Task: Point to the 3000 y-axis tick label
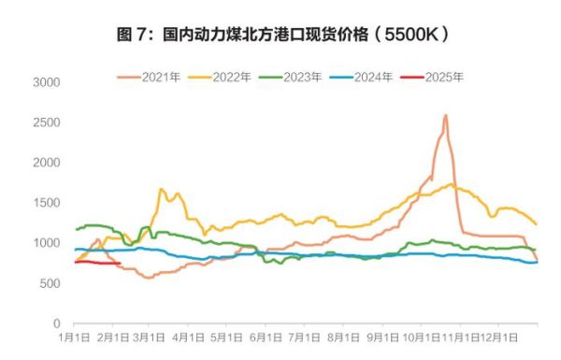click(x=46, y=82)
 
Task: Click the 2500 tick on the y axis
click(x=46, y=122)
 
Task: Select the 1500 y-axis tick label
click(x=46, y=203)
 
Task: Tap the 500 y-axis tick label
click(x=49, y=283)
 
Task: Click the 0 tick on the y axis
click(x=55, y=324)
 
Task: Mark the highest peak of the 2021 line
click(x=445, y=116)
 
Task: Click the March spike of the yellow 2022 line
click(x=162, y=190)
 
